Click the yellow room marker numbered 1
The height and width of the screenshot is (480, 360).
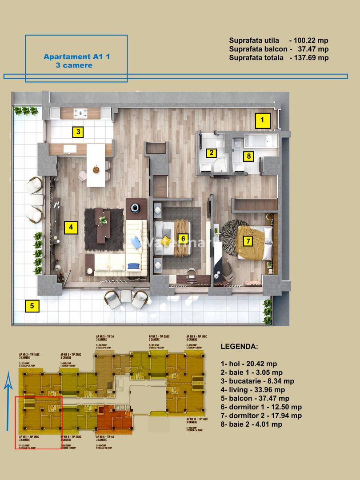(262, 119)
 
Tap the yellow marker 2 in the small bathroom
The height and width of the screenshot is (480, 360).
(212, 153)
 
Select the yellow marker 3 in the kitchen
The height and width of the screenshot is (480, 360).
(78, 132)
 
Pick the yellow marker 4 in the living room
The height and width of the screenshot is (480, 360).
(70, 228)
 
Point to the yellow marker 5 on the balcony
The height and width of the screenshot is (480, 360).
(32, 305)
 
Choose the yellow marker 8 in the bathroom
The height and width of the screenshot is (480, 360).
(248, 156)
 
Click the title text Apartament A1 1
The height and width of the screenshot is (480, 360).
(76, 56)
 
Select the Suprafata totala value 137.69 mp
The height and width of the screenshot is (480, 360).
(309, 57)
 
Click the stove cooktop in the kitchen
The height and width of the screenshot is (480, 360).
(80, 113)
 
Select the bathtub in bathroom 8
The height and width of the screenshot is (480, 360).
(260, 142)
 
